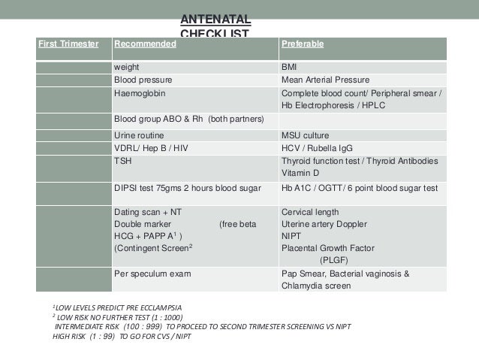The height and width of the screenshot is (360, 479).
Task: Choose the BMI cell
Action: (289, 67)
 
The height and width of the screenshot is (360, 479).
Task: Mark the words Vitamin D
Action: (300, 173)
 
